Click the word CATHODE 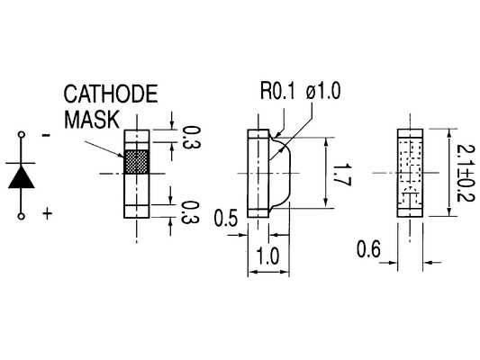[x=111, y=94]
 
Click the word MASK [x=92, y=119]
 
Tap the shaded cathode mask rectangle [x=137, y=162]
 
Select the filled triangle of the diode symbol [x=21, y=176]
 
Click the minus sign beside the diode [x=46, y=135]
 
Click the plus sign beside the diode [x=47, y=213]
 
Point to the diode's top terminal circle [x=21, y=134]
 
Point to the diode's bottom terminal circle [x=21, y=216]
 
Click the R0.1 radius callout [x=278, y=91]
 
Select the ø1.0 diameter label [x=323, y=91]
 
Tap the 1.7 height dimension [x=341, y=175]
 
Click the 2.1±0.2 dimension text [x=466, y=173]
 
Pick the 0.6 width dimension [x=368, y=248]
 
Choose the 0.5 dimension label [x=226, y=219]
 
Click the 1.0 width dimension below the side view [x=267, y=256]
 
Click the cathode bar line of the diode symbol [x=20, y=163]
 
